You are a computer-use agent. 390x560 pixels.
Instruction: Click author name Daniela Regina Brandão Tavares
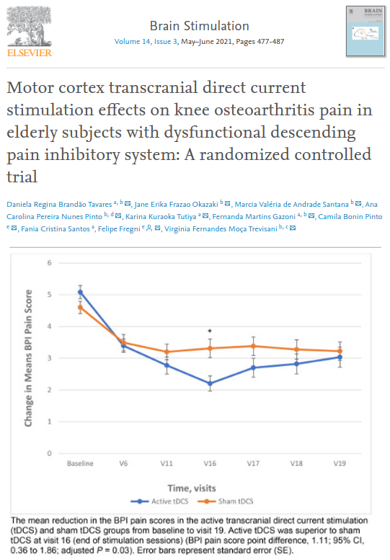pos(62,204)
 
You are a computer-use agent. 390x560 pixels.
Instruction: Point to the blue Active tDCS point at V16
pos(209,383)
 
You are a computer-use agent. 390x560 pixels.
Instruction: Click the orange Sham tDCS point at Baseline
pos(80,307)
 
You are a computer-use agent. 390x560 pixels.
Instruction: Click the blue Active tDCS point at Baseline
pos(80,291)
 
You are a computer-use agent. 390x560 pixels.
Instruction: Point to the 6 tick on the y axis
pos(50,262)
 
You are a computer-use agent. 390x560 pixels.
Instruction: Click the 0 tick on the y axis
pos(50,453)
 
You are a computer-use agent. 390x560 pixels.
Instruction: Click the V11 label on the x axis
pos(166,463)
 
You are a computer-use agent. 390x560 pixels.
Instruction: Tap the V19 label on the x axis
pos(338,463)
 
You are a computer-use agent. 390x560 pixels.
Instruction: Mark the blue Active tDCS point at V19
pos(338,357)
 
